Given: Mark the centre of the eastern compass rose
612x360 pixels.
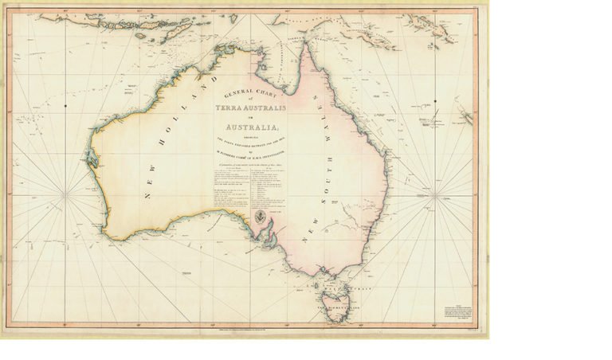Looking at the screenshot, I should tap(435, 196).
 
